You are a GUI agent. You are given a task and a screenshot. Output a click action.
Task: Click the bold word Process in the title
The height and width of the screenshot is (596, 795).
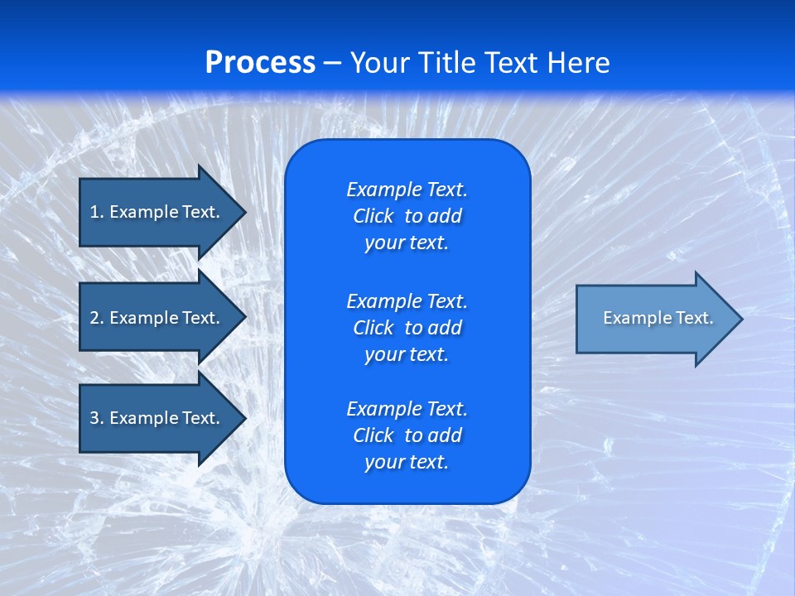click(260, 62)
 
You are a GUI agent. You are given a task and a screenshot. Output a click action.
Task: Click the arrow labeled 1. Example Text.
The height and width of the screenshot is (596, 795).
click(155, 212)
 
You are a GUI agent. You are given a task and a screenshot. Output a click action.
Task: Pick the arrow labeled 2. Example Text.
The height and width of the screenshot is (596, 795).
click(155, 318)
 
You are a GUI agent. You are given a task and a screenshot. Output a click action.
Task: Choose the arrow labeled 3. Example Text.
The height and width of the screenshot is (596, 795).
click(155, 418)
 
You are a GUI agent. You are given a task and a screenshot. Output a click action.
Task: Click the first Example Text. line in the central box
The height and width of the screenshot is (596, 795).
click(407, 190)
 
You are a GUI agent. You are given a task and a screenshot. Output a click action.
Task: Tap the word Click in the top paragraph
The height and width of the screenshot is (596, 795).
click(373, 216)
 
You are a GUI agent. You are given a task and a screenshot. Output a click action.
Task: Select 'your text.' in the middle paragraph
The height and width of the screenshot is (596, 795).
click(407, 354)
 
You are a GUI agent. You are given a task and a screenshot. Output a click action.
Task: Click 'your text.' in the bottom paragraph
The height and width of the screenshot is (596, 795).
click(407, 462)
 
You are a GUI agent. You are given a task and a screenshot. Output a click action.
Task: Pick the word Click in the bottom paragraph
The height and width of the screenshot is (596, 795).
click(373, 435)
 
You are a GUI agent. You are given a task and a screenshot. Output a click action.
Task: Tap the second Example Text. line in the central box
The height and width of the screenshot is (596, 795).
click(407, 300)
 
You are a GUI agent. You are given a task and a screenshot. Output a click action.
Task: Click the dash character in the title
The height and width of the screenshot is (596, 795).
click(333, 63)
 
